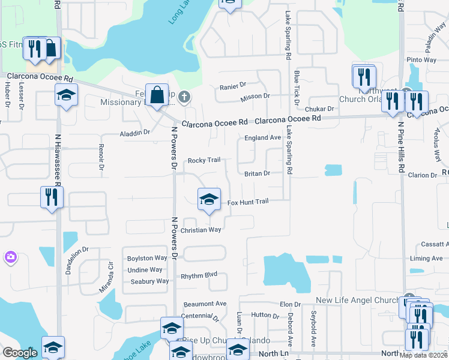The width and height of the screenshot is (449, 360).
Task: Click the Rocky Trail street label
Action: pyautogui.click(x=204, y=160)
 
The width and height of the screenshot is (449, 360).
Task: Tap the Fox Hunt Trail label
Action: pyautogui.click(x=247, y=203)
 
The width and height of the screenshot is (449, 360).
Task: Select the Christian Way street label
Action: pyautogui.click(x=201, y=230)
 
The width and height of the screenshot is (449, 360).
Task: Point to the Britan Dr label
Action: pyautogui.click(x=257, y=173)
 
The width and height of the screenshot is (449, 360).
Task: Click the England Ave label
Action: pyautogui.click(x=262, y=137)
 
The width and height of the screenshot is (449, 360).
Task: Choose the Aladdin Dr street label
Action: pyautogui.click(x=134, y=132)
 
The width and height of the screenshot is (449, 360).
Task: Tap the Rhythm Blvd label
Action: pyautogui.click(x=199, y=275)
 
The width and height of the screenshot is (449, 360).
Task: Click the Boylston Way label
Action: pyautogui.click(x=146, y=258)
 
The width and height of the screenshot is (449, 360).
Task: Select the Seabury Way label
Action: pyautogui.click(x=149, y=281)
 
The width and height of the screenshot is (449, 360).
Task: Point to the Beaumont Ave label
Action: pyautogui.click(x=205, y=304)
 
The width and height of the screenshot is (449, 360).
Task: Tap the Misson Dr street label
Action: pyautogui.click(x=255, y=96)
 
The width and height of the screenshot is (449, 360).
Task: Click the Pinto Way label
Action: pyautogui.click(x=421, y=60)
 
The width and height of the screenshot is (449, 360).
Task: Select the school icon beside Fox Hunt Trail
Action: pyautogui.click(x=208, y=199)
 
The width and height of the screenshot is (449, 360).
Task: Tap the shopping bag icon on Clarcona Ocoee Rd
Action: pyautogui.click(x=157, y=95)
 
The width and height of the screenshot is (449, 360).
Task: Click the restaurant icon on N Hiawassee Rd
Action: pyautogui.click(x=51, y=197)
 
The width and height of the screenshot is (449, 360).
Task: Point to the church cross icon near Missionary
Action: pyautogui.click(x=185, y=97)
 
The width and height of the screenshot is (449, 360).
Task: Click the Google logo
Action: pyautogui.click(x=19, y=353)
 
